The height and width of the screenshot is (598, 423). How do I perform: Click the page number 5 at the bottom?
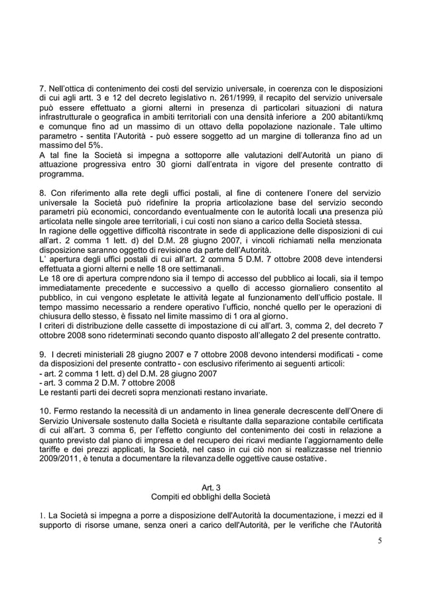tap(379, 540)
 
